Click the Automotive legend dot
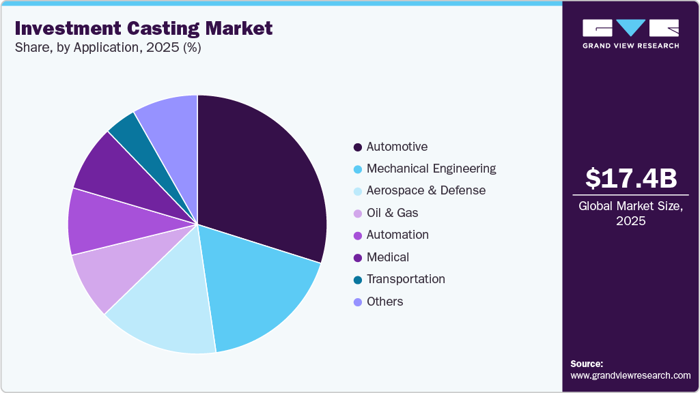point(358,147)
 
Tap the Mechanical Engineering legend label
point(431,169)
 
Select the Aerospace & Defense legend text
point(425,190)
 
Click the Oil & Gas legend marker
point(358,214)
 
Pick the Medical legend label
point(387,257)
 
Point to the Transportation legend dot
point(358,280)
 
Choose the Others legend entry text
point(384,302)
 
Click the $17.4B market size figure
point(631,178)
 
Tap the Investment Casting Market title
point(143,28)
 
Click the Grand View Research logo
point(630,33)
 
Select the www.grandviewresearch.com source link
point(630,375)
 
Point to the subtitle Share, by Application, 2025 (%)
point(108,48)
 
